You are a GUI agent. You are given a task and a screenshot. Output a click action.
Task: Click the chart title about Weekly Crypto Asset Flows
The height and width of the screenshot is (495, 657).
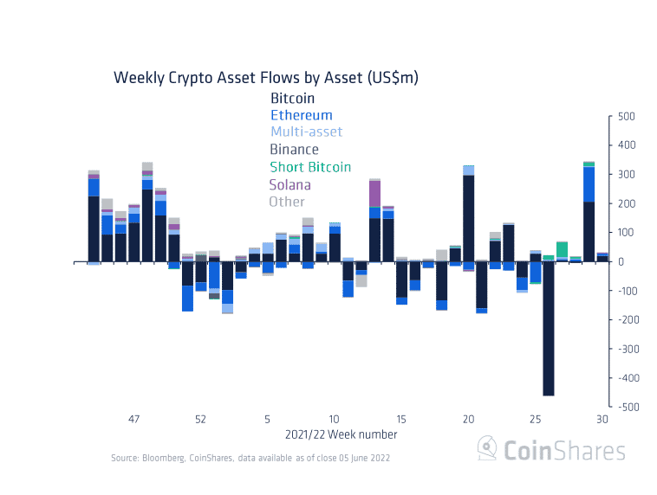(x=266, y=78)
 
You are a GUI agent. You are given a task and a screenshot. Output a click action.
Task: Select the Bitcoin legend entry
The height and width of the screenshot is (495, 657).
(x=292, y=99)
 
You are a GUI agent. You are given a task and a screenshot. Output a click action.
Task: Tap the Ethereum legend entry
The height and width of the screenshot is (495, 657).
(x=301, y=115)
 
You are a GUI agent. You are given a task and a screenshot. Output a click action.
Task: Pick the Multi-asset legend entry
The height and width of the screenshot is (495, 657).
(x=306, y=132)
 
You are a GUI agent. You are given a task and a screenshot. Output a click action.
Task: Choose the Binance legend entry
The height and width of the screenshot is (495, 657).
(x=294, y=150)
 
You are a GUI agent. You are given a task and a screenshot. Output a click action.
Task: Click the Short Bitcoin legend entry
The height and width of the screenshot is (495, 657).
(x=310, y=167)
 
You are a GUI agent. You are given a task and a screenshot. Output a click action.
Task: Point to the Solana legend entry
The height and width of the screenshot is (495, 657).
(x=290, y=184)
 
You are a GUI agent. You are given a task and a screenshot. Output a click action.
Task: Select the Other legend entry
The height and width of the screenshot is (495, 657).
(x=287, y=202)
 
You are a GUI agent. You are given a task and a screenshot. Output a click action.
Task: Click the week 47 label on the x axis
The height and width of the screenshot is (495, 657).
(x=134, y=419)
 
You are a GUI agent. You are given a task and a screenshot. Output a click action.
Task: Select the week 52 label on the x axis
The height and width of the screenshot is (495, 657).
(x=200, y=419)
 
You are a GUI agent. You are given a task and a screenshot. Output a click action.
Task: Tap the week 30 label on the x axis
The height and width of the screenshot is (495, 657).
(x=602, y=419)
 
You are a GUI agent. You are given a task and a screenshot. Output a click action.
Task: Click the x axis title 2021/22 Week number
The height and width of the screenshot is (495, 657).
(x=342, y=434)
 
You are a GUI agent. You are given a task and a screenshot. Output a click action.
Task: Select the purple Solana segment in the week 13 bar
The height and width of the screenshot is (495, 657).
(x=375, y=193)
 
